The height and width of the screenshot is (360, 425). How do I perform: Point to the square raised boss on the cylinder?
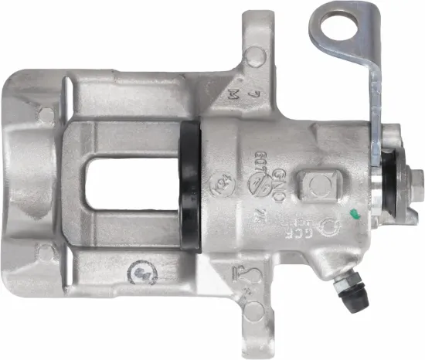(318, 185)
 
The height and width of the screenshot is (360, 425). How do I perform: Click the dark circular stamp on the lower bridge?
(141, 273)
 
